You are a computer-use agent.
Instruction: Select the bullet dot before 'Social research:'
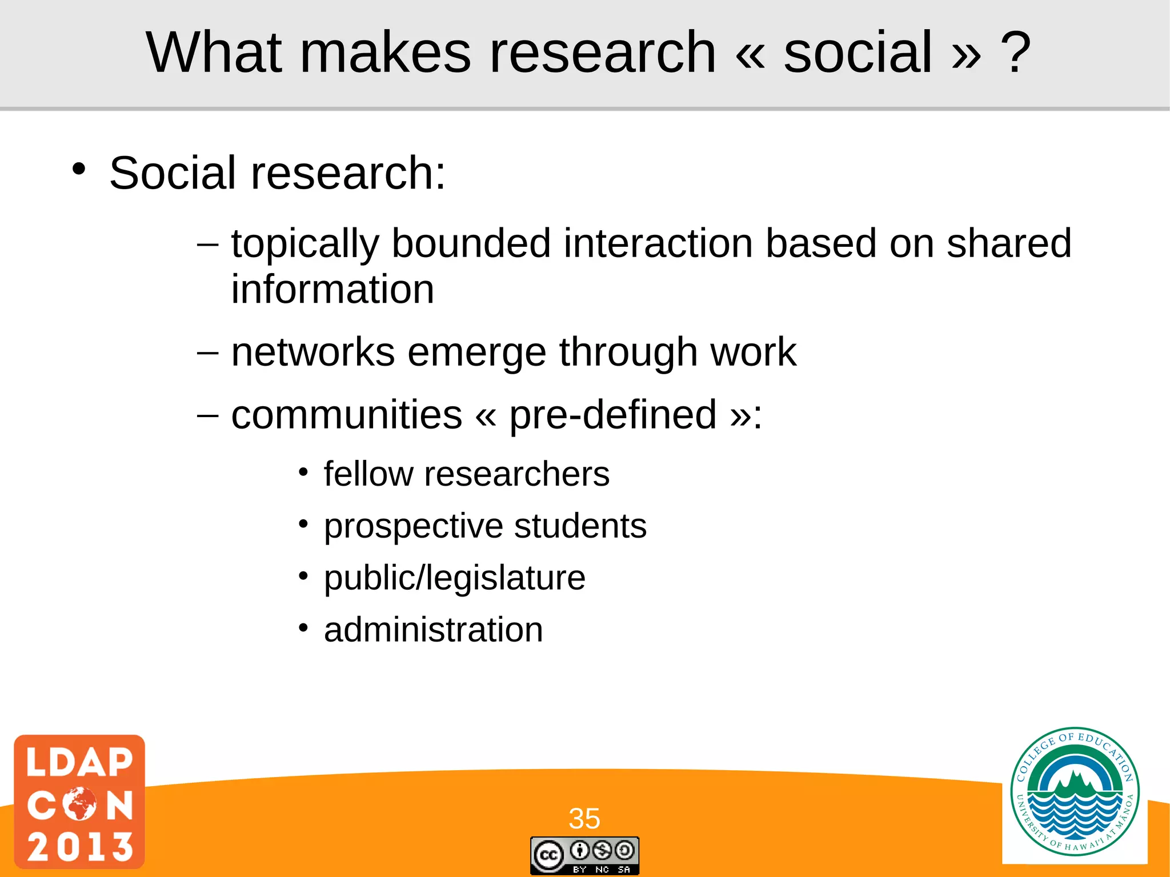click(79, 170)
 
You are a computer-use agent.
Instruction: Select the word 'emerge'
click(476, 353)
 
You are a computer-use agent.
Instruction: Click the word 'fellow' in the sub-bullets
click(368, 474)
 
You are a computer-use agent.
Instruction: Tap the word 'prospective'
click(413, 526)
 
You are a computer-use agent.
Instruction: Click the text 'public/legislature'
click(455, 578)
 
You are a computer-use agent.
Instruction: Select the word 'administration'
click(433, 630)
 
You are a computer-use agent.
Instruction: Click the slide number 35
click(584, 818)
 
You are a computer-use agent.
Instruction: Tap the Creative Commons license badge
click(584, 855)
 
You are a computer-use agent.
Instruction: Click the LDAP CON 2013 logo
click(79, 802)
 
